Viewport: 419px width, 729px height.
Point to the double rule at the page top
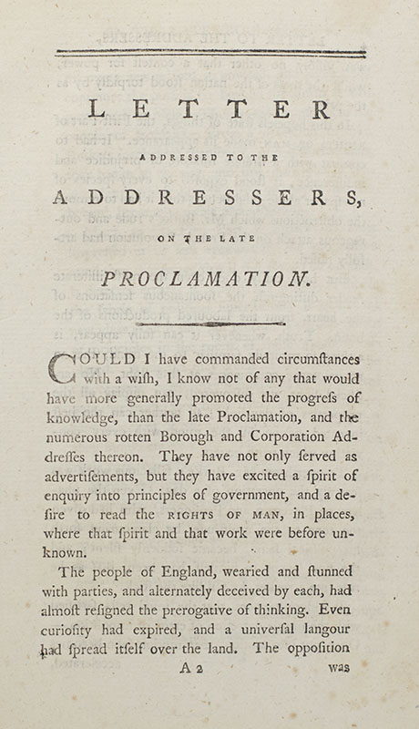pyautogui.click(x=209, y=53)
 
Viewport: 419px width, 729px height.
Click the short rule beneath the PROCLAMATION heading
pyautogui.click(x=209, y=323)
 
